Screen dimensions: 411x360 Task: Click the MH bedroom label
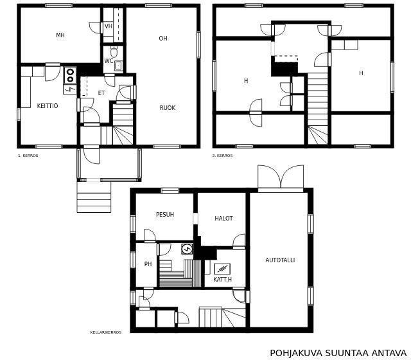point(60,35)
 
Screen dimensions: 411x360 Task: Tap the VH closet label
point(109,26)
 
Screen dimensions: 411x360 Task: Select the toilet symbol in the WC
point(114,51)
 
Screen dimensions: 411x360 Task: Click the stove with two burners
point(70,76)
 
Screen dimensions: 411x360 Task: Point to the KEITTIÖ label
point(48,105)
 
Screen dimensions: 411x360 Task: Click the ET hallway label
point(101,93)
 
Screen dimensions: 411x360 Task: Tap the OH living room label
point(163,39)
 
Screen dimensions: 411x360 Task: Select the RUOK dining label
point(168,108)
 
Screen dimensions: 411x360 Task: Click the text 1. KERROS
point(28,156)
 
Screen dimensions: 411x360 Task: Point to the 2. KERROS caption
point(222,156)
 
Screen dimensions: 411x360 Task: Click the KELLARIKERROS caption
point(106,332)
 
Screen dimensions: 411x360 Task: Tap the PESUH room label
point(165,214)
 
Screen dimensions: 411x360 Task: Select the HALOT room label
point(223,219)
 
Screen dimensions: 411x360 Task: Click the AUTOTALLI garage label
point(280,260)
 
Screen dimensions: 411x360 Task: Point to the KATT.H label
point(223,280)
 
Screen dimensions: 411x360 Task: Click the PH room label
point(148,264)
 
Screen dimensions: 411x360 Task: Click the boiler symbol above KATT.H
point(222,269)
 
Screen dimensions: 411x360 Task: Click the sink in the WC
point(118,66)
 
